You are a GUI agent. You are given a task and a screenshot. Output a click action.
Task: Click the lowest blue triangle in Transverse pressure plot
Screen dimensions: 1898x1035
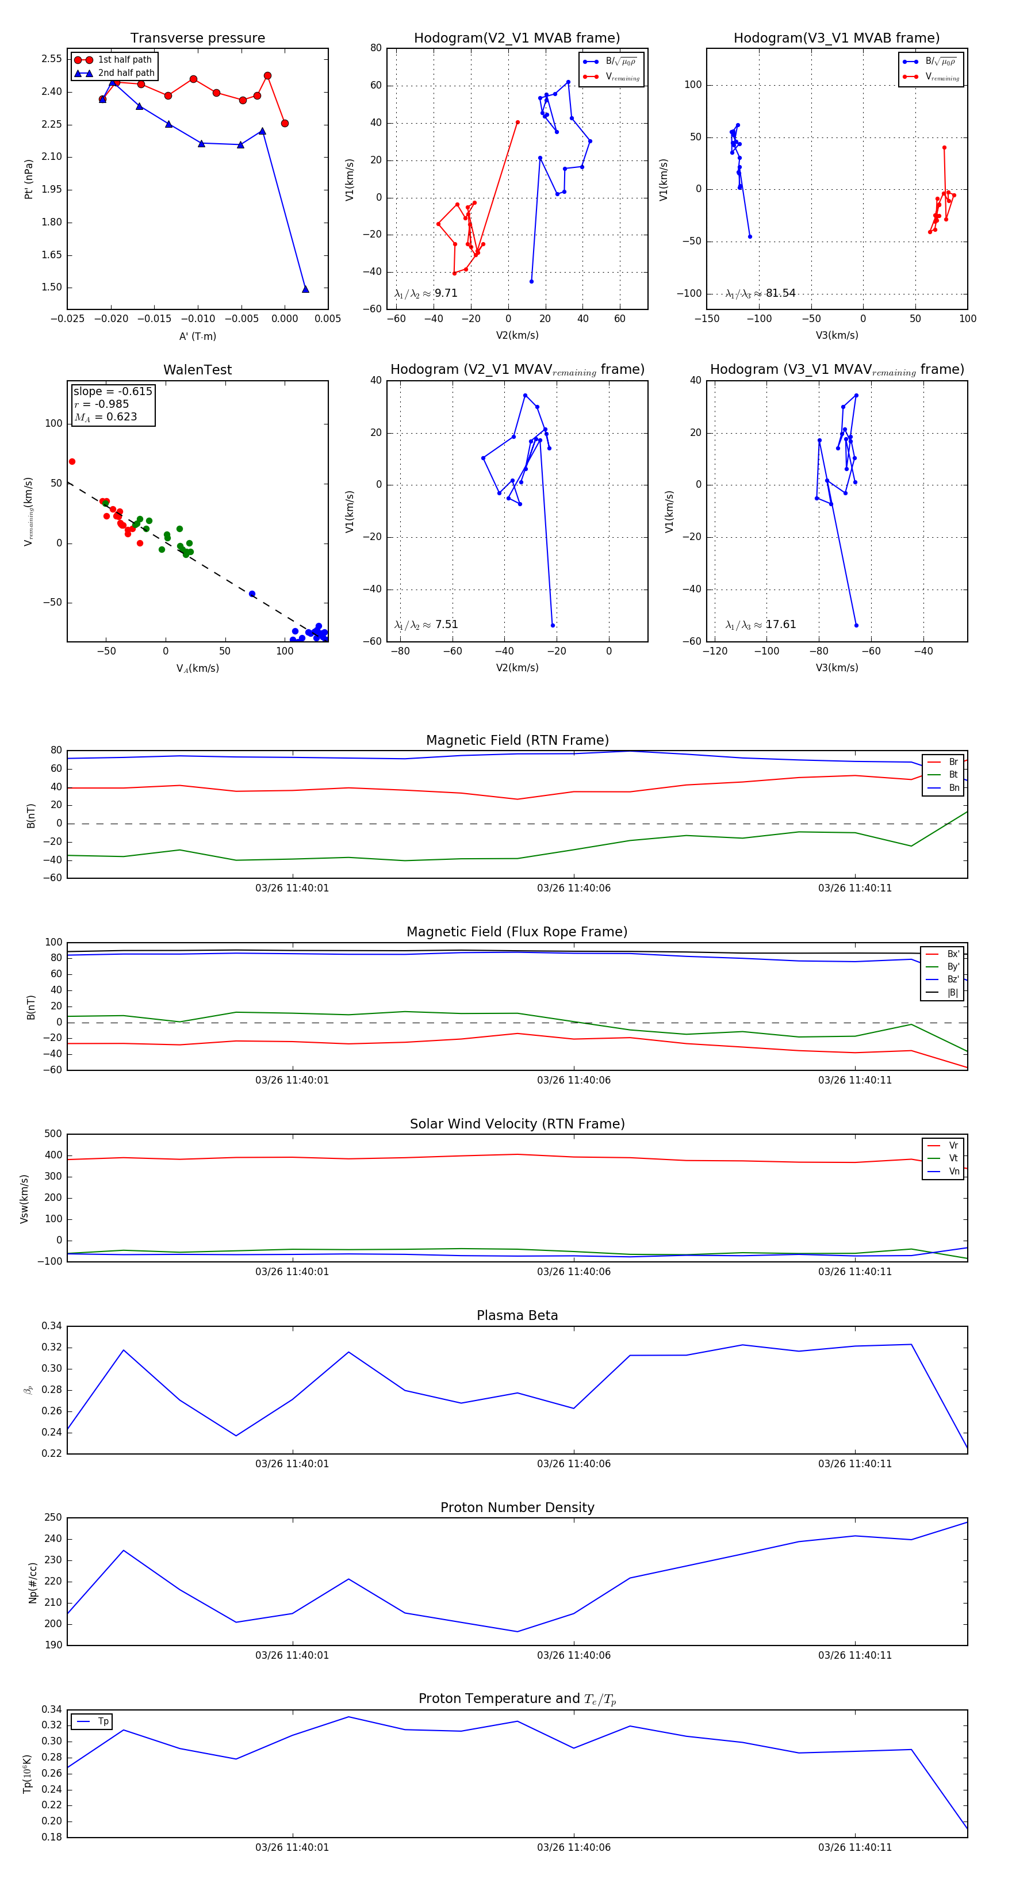305,289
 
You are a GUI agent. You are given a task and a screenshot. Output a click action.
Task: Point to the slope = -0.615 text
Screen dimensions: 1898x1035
113,391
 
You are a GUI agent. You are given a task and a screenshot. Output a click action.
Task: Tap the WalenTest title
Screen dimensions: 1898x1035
197,370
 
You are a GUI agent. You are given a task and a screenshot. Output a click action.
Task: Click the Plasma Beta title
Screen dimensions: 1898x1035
517,1315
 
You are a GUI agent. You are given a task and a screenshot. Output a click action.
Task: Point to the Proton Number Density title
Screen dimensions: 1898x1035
517,1507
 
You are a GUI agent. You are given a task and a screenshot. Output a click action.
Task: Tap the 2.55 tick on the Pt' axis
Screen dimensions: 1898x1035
52,59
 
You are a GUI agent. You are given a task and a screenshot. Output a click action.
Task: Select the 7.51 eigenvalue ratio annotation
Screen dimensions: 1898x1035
446,625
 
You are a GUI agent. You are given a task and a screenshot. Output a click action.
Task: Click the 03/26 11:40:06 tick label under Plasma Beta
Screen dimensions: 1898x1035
573,1464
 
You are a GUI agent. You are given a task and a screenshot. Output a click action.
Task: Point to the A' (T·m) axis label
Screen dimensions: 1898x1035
197,336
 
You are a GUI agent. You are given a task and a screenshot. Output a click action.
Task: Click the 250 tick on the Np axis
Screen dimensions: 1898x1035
53,1518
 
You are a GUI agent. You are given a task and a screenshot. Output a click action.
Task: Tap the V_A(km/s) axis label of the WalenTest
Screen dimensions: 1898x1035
197,668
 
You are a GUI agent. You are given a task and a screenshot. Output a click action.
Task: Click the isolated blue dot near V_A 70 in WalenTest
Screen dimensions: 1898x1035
252,594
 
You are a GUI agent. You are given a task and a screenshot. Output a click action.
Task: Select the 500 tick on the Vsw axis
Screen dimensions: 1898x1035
53,1134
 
